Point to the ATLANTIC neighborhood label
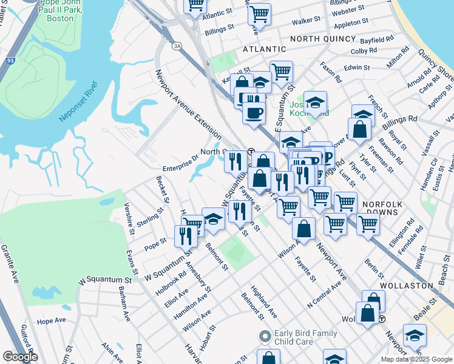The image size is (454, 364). click(264, 49)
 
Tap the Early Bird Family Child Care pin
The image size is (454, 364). click(264, 335)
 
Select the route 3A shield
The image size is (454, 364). click(177, 45)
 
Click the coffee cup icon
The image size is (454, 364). click(254, 111)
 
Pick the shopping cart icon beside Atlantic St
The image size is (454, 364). click(195, 5)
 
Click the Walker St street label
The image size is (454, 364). click(306, 21)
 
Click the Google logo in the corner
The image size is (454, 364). click(20, 357)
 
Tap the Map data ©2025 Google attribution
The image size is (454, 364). click(416, 359)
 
